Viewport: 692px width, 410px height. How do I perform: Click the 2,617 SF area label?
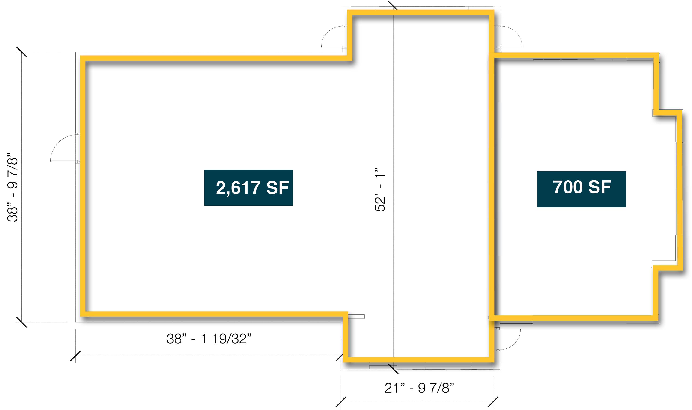(248, 188)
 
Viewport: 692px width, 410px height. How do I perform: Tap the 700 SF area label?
(582, 189)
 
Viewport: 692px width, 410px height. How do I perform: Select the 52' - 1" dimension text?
(380, 190)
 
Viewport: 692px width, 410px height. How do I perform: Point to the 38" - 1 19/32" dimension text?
(209, 339)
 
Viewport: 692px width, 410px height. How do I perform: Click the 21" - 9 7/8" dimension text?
(419, 388)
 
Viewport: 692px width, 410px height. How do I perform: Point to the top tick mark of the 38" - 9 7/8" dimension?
(21, 52)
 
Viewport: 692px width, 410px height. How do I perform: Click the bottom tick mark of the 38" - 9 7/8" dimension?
(21, 322)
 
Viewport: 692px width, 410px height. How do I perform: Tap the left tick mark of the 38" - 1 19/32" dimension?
(75, 356)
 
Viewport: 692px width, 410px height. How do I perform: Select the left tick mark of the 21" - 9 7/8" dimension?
(341, 402)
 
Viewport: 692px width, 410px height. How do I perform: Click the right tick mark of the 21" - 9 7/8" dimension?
(493, 402)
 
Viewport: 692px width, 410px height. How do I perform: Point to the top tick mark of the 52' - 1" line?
(393, 5)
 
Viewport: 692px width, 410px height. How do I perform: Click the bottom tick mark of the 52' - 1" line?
(394, 369)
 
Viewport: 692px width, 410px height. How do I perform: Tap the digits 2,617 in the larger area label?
(238, 188)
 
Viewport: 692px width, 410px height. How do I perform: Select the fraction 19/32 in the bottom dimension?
(229, 339)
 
